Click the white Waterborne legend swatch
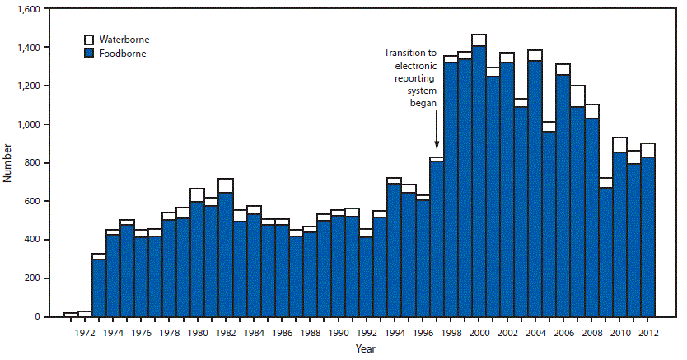tap(91, 39)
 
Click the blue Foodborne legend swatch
tap(91, 53)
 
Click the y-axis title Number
tap(7, 162)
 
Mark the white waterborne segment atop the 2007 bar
tap(577, 96)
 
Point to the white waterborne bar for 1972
tap(84, 314)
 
